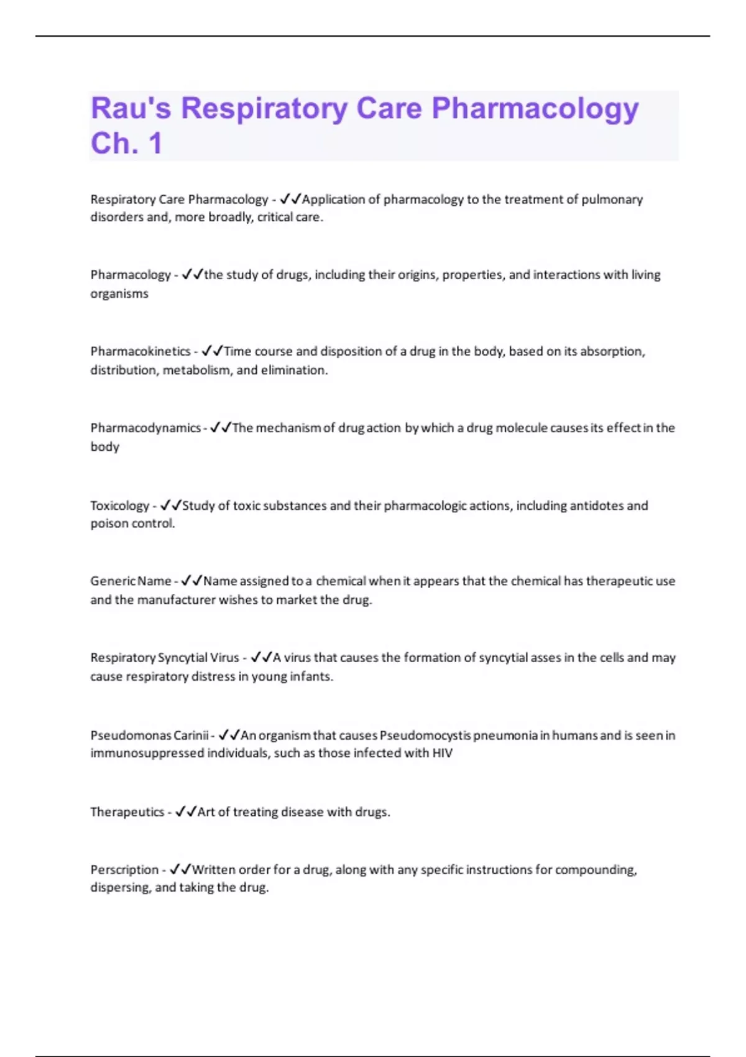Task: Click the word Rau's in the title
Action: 131,108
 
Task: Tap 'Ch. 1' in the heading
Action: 127,143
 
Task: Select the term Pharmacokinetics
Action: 140,351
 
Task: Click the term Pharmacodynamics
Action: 145,428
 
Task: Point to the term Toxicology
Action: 120,505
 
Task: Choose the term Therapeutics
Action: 127,812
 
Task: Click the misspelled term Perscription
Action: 124,870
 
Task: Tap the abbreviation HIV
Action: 443,753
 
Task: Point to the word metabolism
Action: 196,370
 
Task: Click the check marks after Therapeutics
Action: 186,811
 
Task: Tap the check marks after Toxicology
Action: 170,505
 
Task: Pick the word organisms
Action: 119,293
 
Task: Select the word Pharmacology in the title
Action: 535,108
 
